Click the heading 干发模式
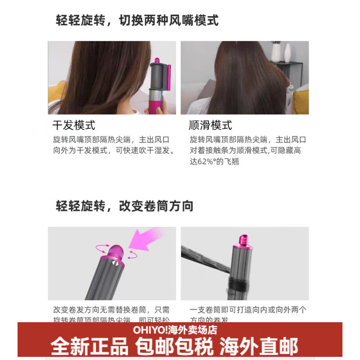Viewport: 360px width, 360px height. pyautogui.click(x=74, y=125)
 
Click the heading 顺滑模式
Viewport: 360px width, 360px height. pyautogui.click(x=211, y=125)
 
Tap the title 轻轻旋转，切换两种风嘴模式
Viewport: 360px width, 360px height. pyautogui.click(x=137, y=21)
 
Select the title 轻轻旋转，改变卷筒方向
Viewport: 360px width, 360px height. pyautogui.click(x=125, y=206)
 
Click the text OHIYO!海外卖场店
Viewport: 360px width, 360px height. pyautogui.click(x=175, y=330)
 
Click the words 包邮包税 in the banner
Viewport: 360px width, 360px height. pyautogui.click(x=175, y=346)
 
